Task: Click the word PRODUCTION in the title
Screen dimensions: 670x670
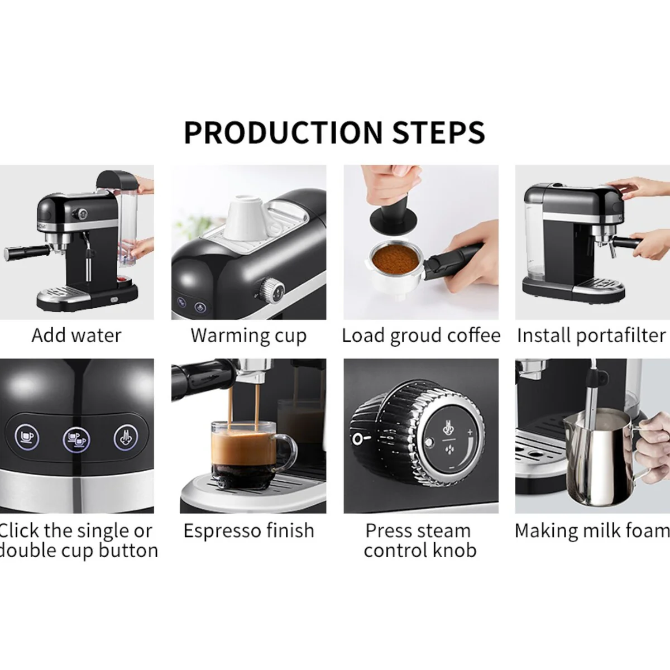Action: [x=283, y=132]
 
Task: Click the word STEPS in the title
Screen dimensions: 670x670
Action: [x=438, y=132]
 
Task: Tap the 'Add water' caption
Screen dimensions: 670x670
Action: [x=76, y=336]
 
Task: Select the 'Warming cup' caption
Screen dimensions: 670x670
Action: [x=248, y=336]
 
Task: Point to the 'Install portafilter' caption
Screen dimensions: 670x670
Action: [x=591, y=336]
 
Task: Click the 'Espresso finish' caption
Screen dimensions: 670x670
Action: [x=248, y=531]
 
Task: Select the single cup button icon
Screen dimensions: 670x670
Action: [x=27, y=437]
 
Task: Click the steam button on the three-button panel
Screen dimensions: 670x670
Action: [x=126, y=437]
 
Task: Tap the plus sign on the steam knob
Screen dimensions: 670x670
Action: [x=471, y=432]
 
